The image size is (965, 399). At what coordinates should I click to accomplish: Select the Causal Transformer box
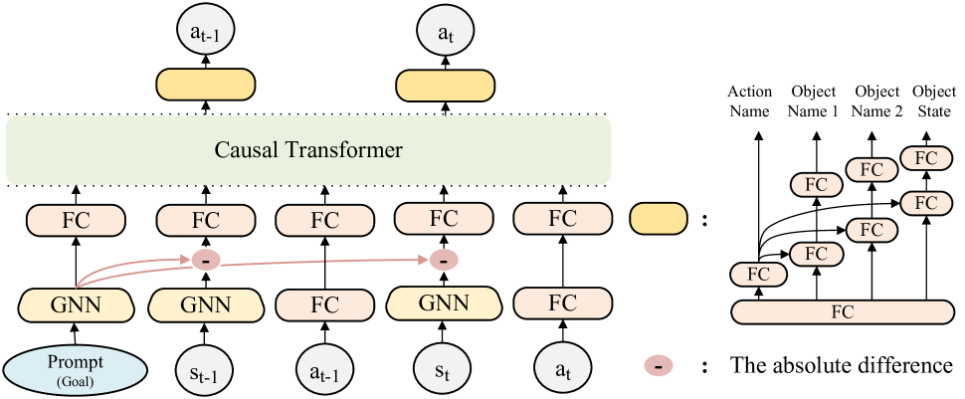pyautogui.click(x=308, y=150)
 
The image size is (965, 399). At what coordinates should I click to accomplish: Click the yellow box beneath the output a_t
pyautogui.click(x=445, y=86)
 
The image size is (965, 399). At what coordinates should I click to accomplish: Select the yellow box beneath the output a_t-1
pyautogui.click(x=206, y=86)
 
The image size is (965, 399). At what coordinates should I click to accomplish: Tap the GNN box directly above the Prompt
pyautogui.click(x=76, y=304)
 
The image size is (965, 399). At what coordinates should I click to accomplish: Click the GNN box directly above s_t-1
pyautogui.click(x=206, y=304)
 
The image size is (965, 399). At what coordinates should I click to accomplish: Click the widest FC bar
pyautogui.click(x=842, y=311)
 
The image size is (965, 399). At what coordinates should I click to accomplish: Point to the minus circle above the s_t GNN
pyautogui.click(x=443, y=260)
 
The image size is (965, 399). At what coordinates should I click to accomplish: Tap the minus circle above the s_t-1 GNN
pyautogui.click(x=206, y=260)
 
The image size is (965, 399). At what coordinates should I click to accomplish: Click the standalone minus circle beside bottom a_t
pyautogui.click(x=658, y=366)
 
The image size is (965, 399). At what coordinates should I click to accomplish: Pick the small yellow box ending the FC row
pyautogui.click(x=659, y=219)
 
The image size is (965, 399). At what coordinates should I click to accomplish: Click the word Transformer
pyautogui.click(x=347, y=150)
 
